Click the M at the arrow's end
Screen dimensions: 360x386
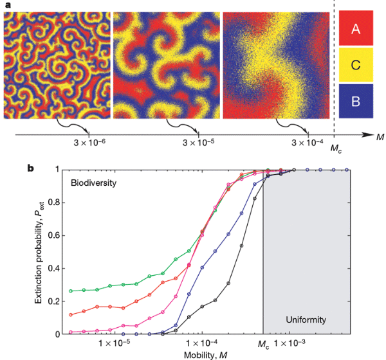click(380, 135)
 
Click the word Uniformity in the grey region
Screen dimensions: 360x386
click(306, 319)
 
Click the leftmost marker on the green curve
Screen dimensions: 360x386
click(70, 291)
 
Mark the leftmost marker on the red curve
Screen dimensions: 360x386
click(70, 314)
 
